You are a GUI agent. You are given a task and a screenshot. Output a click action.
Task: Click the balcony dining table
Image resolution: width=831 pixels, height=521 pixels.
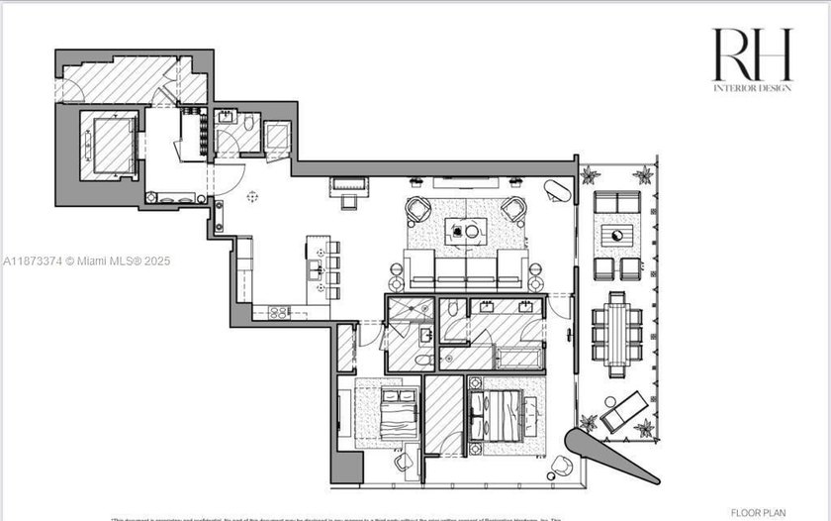click(x=617, y=335)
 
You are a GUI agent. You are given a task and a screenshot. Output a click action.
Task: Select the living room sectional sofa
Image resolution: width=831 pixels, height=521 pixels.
click(x=465, y=268)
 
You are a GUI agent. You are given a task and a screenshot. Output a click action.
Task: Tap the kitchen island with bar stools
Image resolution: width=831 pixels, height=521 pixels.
click(x=316, y=267)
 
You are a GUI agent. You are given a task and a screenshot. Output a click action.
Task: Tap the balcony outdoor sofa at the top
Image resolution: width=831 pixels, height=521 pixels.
click(x=616, y=202)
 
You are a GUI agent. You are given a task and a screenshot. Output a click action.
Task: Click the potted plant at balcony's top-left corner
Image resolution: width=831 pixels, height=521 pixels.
click(x=591, y=176)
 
